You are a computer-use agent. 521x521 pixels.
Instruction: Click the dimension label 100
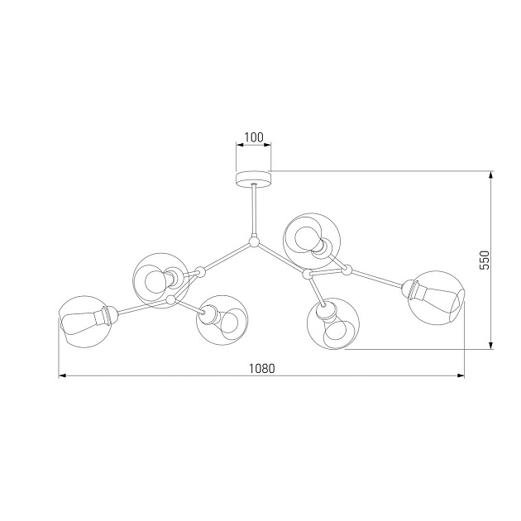coord(253,137)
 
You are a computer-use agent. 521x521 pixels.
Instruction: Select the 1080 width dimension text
coord(261,368)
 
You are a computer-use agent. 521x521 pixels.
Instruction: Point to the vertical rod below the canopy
coord(253,211)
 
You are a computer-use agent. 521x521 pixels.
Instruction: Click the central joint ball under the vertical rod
coord(253,242)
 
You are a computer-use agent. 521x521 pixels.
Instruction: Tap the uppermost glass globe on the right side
coord(308,238)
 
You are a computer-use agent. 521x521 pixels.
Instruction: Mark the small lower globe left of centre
coord(222,319)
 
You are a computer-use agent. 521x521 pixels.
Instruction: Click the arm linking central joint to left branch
coord(226,256)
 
